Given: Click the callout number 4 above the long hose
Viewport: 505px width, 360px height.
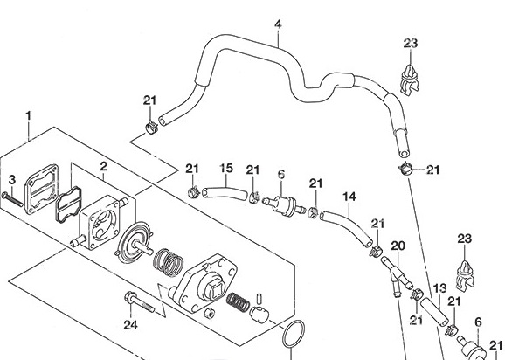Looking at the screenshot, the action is click(x=278, y=24).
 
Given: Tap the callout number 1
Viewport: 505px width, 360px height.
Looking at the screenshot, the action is click(x=29, y=116).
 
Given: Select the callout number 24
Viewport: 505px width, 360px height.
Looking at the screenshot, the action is click(x=130, y=324).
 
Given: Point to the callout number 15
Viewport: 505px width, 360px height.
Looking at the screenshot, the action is click(x=226, y=168).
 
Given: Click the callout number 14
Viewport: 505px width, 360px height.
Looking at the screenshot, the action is click(x=349, y=197).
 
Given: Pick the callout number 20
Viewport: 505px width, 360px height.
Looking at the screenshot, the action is click(x=398, y=246).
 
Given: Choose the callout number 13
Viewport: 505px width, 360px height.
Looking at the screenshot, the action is click(x=440, y=288).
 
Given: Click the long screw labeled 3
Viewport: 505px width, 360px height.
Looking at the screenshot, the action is click(x=12, y=199).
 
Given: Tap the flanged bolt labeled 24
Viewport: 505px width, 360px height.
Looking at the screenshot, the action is click(x=139, y=302).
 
